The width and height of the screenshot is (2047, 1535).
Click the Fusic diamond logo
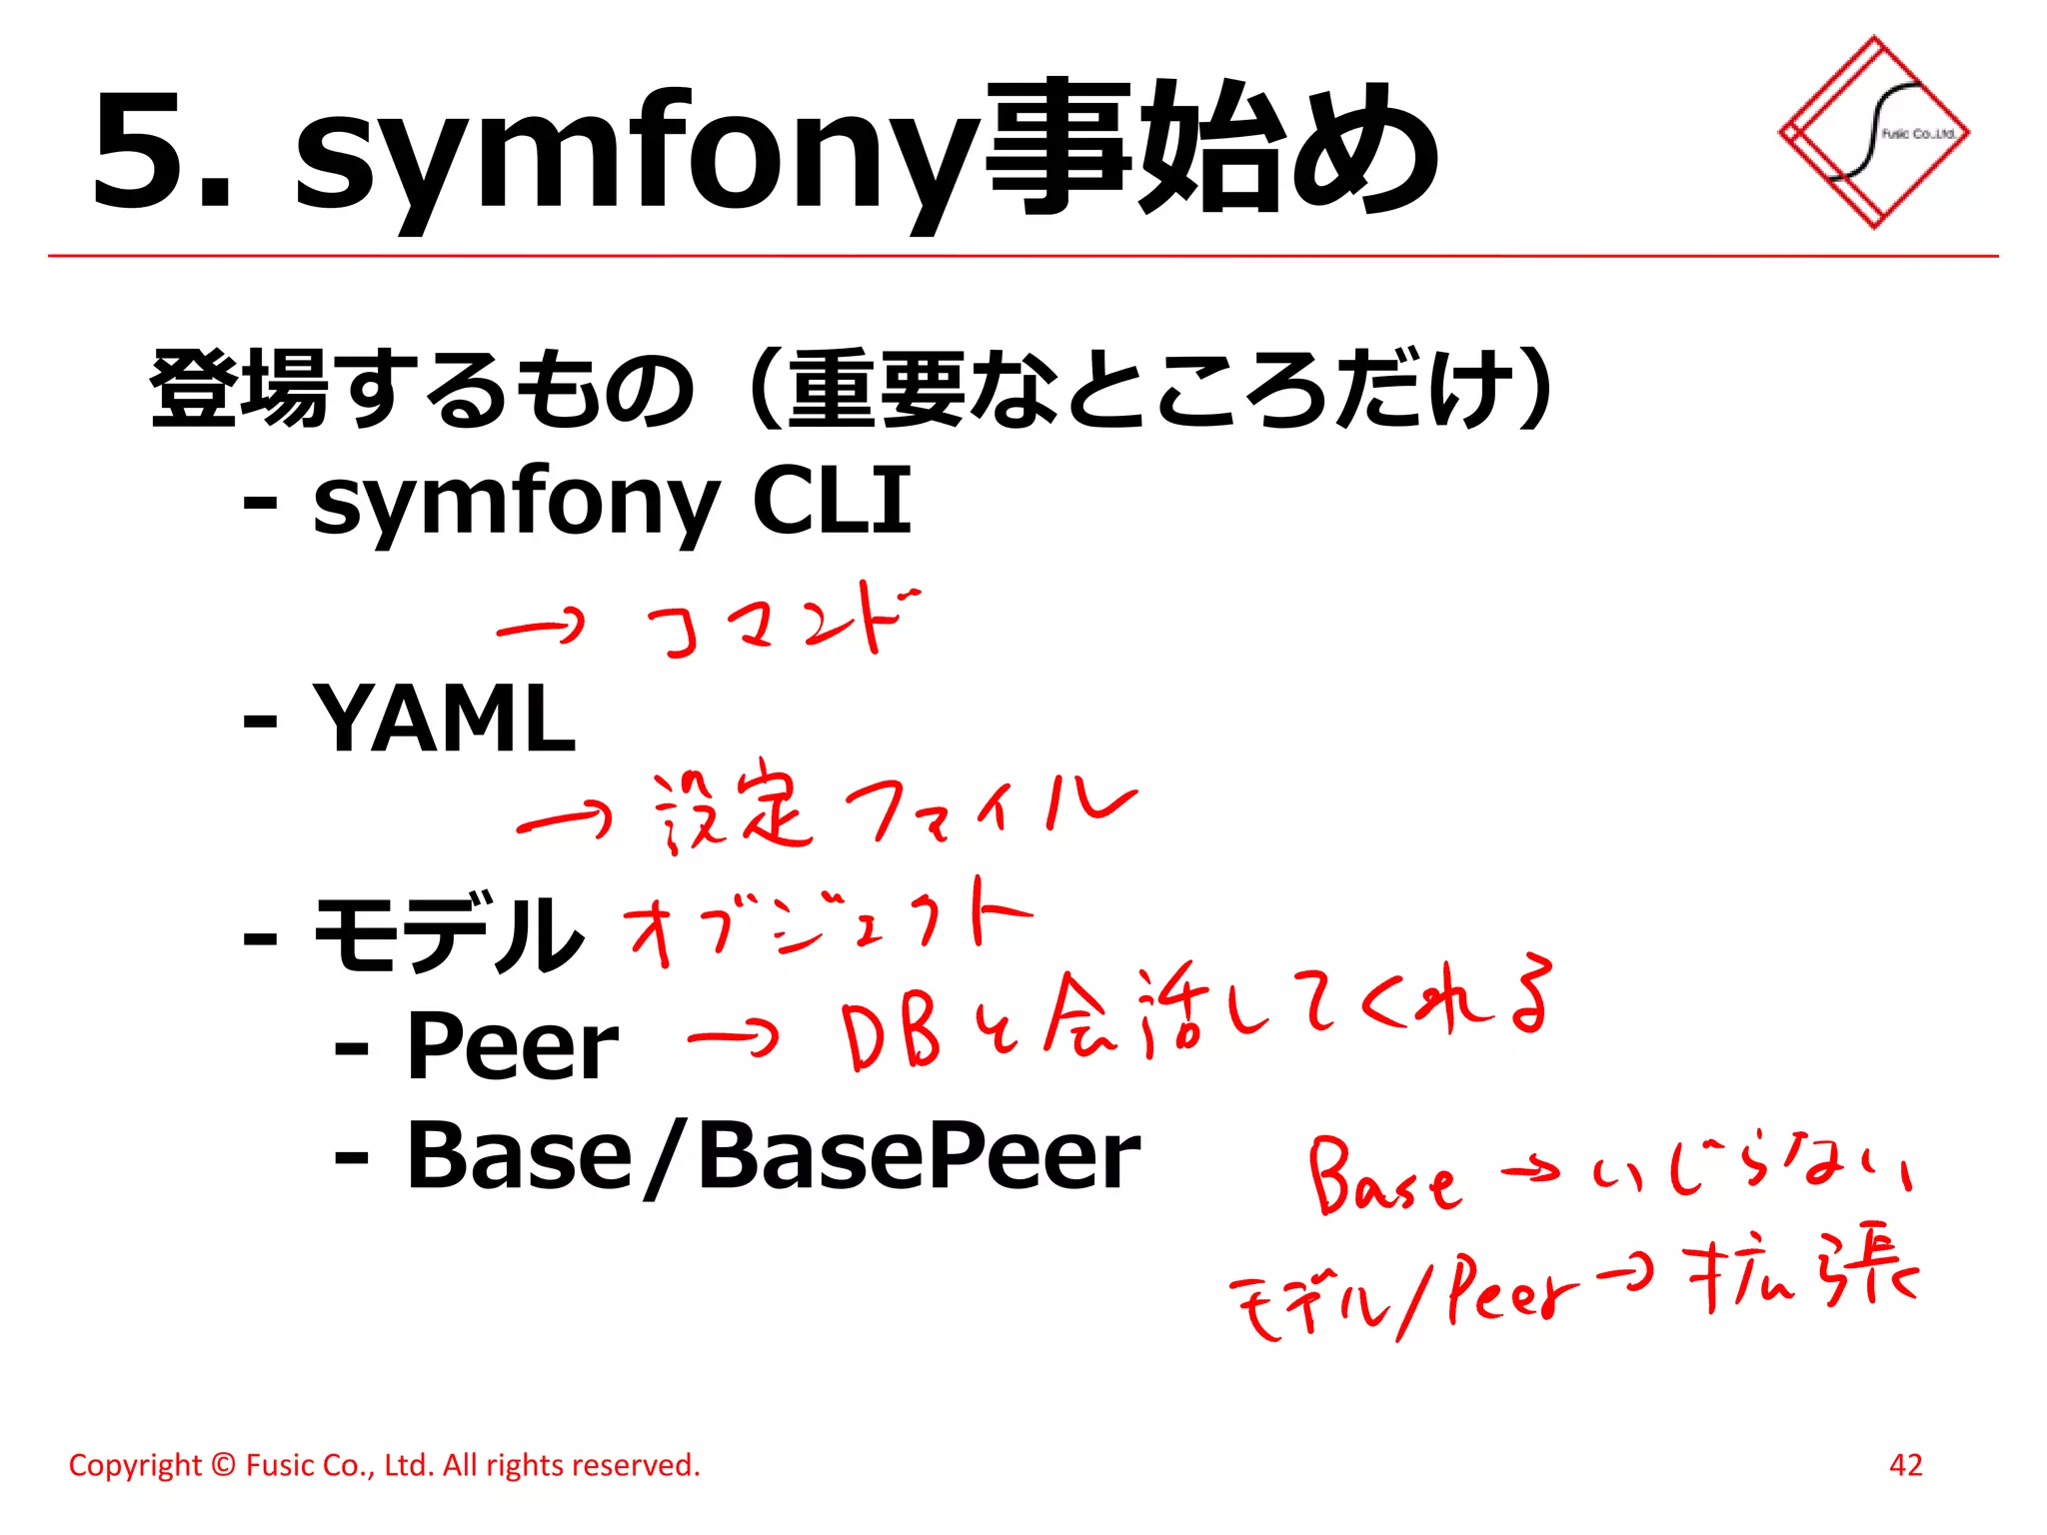coord(1873,132)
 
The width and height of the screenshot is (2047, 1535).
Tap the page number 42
coord(1905,1465)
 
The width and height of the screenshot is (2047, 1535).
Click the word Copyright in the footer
coord(134,1465)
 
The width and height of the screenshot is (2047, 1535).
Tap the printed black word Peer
coord(512,1045)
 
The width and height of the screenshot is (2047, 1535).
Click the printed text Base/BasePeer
coord(773,1155)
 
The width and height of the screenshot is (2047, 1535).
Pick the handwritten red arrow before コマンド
coord(540,628)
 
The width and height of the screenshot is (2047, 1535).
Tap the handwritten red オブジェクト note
coord(826,925)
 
